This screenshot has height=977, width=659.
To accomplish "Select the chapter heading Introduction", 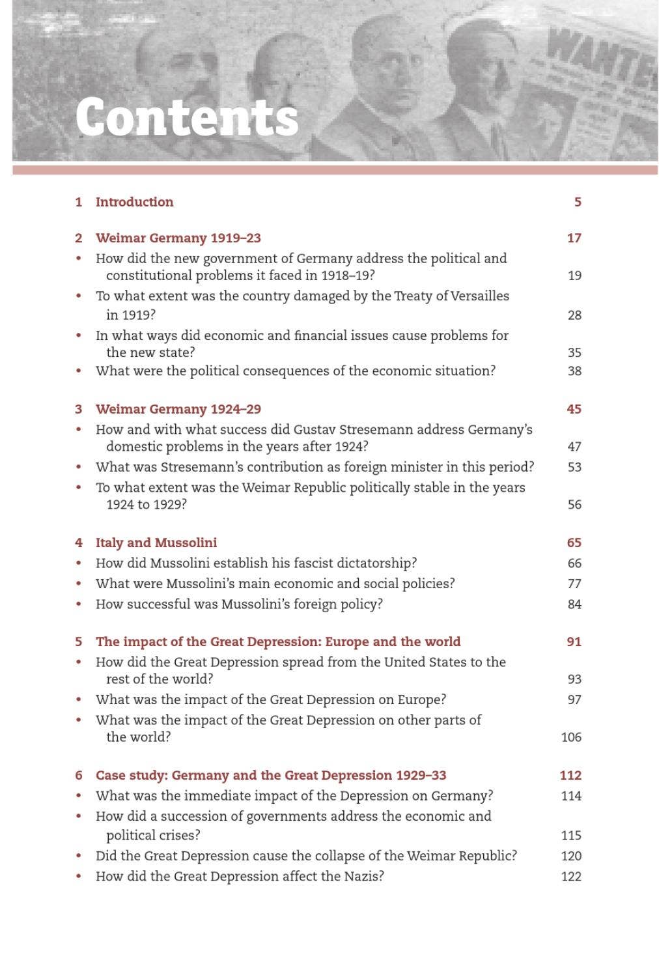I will click(134, 202).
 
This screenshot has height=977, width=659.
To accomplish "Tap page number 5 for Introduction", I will click(577, 202).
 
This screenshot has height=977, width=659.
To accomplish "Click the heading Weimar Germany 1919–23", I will click(178, 238).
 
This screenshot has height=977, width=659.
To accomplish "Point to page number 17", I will click(574, 238).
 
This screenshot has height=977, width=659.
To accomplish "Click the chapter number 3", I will click(79, 409).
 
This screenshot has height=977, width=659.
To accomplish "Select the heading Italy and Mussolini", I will click(156, 543).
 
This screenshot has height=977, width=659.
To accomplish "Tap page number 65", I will click(574, 543).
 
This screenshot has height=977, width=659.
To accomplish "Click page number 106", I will click(571, 737).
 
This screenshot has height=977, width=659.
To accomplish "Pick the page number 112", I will click(570, 775).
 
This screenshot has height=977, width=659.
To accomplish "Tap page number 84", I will click(574, 604).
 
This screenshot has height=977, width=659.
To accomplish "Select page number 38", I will click(574, 371).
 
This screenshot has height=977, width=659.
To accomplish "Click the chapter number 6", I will click(79, 775).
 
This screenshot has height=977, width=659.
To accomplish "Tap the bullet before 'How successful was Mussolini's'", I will click(79, 604).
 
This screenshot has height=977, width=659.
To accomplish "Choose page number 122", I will click(571, 876).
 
